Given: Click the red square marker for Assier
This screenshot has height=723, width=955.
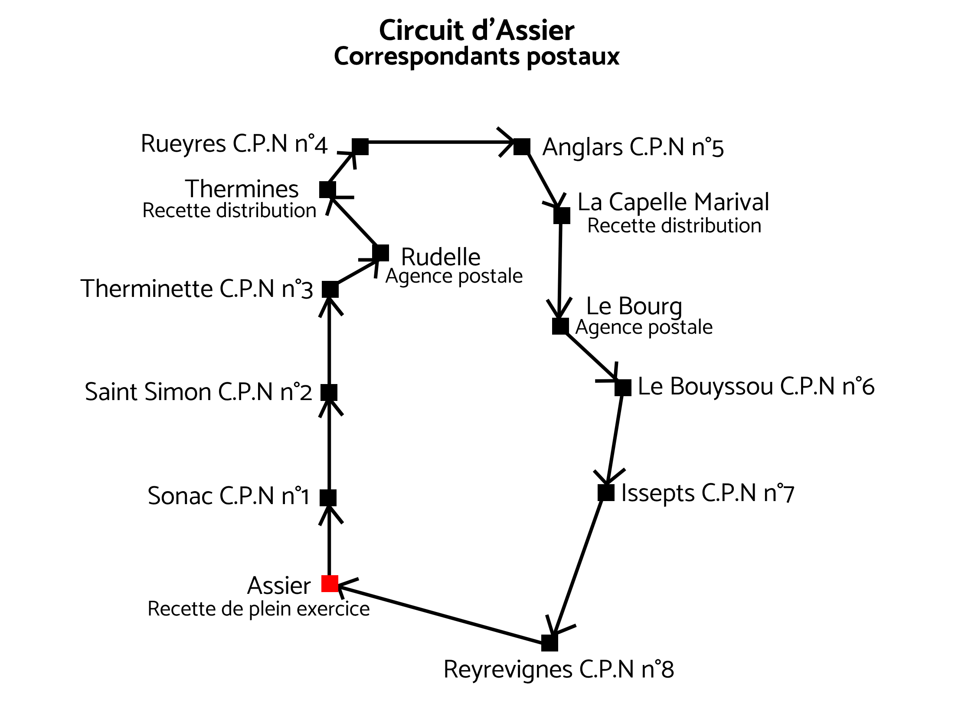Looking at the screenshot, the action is pos(330,583).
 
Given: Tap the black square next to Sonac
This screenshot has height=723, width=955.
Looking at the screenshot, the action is pos(328,498).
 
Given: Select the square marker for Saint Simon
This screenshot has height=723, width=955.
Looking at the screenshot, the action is pos(329,392).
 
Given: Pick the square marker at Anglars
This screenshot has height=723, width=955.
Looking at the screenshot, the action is pos(522,147).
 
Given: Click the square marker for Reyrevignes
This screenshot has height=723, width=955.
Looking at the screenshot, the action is pos(549,643).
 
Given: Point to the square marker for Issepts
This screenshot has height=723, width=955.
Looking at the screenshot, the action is pos(606,492).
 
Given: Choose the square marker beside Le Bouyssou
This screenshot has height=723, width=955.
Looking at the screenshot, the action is pos(623,388).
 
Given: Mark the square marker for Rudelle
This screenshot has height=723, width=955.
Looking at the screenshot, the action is pos(380,253).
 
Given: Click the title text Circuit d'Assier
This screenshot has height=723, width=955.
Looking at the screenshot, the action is pos(477,30).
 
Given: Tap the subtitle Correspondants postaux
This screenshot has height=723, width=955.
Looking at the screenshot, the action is pos(477,57).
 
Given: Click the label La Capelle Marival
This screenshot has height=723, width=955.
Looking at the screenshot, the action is pos(673,202).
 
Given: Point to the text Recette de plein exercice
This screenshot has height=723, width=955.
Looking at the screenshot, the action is pos(258,609).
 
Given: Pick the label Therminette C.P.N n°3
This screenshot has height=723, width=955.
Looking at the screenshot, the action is pos(196,289).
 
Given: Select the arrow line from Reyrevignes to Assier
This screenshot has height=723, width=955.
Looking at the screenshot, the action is pos(440,613).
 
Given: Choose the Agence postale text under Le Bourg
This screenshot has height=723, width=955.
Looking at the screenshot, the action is pos(644,327).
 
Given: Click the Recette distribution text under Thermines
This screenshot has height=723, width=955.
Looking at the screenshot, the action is pos(229,211).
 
